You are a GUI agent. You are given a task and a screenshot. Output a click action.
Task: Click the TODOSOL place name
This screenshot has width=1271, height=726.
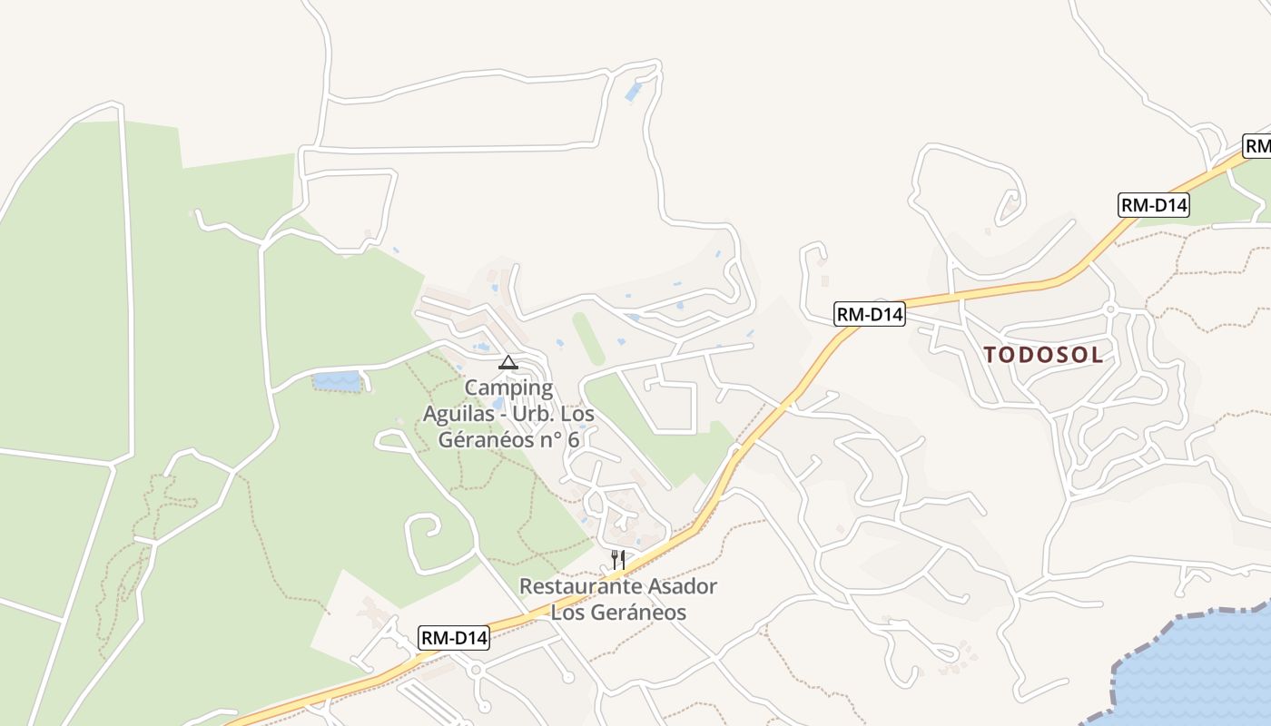(1044, 355)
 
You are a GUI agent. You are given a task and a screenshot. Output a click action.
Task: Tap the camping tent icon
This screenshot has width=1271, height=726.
(507, 363)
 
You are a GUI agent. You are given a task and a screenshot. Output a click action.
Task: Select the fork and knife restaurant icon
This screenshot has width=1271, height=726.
(617, 560)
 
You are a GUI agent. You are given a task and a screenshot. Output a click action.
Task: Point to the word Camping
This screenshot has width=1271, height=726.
(508, 388)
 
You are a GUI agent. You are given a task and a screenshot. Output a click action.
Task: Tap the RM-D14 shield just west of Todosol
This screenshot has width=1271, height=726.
(870, 315)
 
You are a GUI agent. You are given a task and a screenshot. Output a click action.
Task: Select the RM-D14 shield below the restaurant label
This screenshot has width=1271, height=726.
(454, 638)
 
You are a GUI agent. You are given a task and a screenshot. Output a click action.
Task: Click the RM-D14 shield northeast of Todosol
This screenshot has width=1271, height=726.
(1153, 205)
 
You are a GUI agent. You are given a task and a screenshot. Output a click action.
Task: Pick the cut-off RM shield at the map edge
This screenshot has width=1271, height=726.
(1257, 145)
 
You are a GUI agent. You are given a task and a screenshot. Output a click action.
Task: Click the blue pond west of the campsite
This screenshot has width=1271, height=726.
(337, 382)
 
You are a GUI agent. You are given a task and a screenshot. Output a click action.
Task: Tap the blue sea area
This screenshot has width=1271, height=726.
(1198, 672)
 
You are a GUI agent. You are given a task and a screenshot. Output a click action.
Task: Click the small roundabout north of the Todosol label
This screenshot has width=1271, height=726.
(1109, 309)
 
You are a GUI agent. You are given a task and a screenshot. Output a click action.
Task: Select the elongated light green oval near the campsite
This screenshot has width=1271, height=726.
(587, 338)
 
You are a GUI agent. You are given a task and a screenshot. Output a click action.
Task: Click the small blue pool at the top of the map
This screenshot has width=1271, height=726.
(633, 92)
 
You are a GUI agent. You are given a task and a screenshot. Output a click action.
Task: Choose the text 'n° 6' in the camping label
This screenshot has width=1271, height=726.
(560, 440)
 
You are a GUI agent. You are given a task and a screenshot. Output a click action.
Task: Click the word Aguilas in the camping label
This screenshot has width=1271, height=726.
(458, 414)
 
